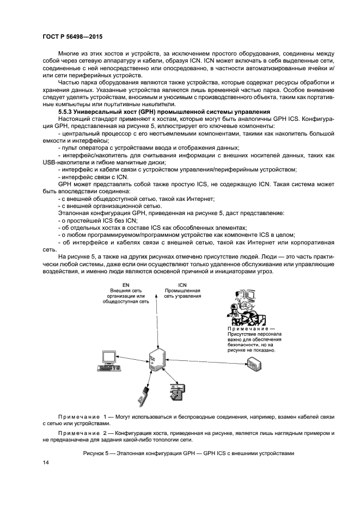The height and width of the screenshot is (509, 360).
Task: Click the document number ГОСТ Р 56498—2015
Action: (72, 36)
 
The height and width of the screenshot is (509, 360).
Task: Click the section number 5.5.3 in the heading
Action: (67, 112)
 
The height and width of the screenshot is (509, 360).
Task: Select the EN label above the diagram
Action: (126, 285)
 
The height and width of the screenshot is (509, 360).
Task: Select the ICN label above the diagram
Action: (182, 285)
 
